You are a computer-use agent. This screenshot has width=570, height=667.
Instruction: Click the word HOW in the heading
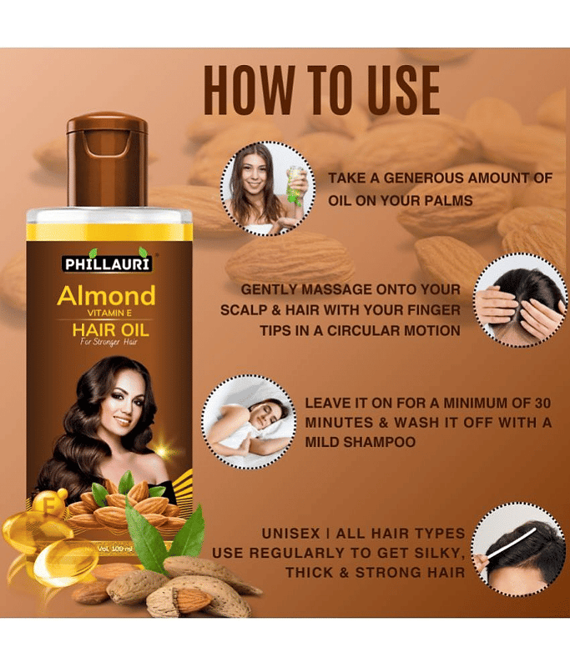(249, 90)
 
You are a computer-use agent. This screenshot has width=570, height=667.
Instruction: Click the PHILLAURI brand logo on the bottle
(107, 263)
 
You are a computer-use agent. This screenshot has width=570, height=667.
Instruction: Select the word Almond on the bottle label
(107, 296)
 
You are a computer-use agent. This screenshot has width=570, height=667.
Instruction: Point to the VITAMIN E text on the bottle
(109, 313)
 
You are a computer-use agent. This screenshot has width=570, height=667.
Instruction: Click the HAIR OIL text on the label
(111, 330)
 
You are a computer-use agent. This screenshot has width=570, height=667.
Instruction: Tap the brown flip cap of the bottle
(108, 159)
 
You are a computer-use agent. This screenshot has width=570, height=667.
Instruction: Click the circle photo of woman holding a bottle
(268, 188)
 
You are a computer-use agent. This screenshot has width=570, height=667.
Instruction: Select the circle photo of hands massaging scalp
(520, 300)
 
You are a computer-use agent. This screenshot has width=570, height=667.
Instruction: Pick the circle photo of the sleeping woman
(249, 422)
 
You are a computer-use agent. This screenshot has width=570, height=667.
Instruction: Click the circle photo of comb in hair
(519, 549)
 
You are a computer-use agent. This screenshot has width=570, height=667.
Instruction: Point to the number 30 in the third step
(542, 403)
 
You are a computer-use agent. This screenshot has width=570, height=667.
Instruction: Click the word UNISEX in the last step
(290, 534)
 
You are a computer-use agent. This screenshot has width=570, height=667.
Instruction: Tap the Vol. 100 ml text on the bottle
(115, 549)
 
